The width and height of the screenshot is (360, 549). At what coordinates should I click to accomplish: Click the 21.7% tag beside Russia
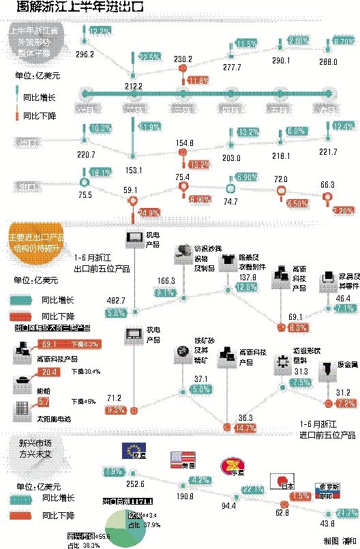tap(346, 513)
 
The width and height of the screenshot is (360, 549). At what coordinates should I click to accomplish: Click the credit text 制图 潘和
tap(341, 540)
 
